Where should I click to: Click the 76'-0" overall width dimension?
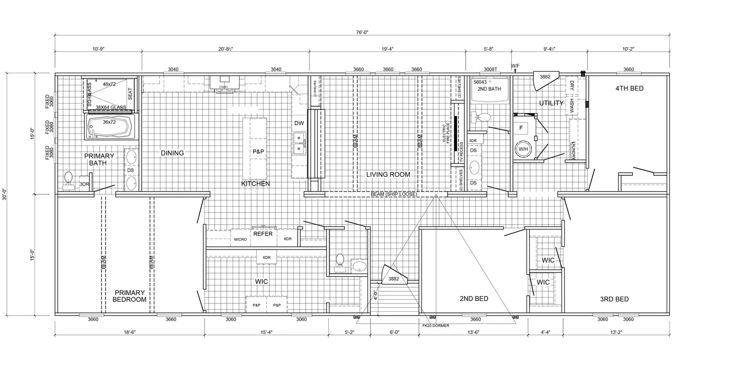[x=362, y=32]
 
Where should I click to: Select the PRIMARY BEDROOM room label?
[x=129, y=296]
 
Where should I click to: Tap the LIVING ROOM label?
[x=388, y=175]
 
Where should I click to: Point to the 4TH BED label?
[x=629, y=88]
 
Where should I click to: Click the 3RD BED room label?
[x=614, y=299]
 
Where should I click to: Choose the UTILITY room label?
[x=551, y=103]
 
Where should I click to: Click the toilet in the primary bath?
[x=68, y=179]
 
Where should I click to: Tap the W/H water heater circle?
[x=523, y=149]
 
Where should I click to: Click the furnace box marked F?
[x=521, y=127]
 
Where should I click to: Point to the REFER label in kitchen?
[x=263, y=234]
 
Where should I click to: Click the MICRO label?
[x=241, y=239]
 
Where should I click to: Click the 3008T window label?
[x=490, y=70]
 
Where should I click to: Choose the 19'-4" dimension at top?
[x=387, y=49]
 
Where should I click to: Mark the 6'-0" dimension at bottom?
[x=394, y=332]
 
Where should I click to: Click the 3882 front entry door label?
[x=394, y=279]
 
